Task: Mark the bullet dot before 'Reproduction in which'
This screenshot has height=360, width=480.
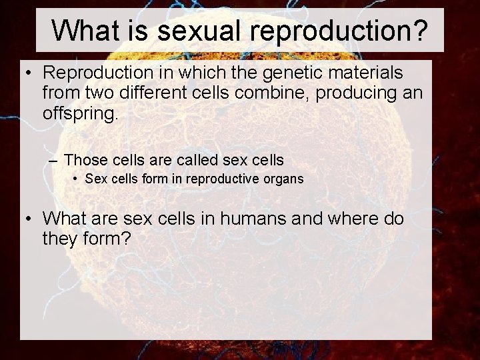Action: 27,72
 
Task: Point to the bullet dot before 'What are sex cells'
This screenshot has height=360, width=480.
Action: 27,219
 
